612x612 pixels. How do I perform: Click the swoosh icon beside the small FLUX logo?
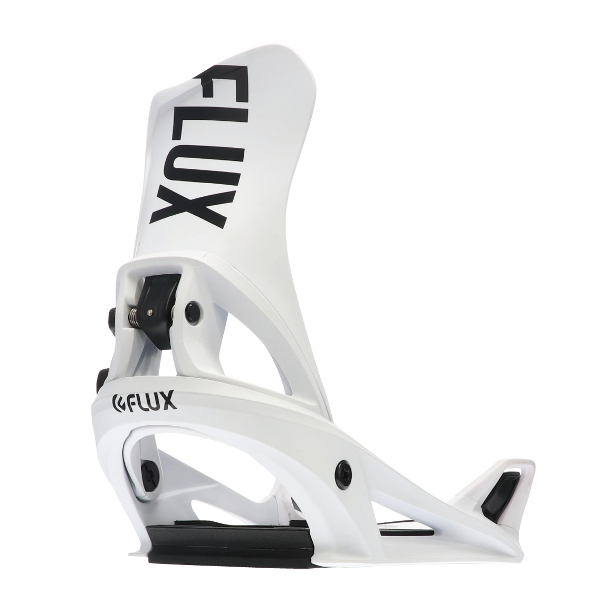pyautogui.click(x=118, y=402)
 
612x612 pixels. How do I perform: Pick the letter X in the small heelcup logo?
pyautogui.click(x=169, y=403)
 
